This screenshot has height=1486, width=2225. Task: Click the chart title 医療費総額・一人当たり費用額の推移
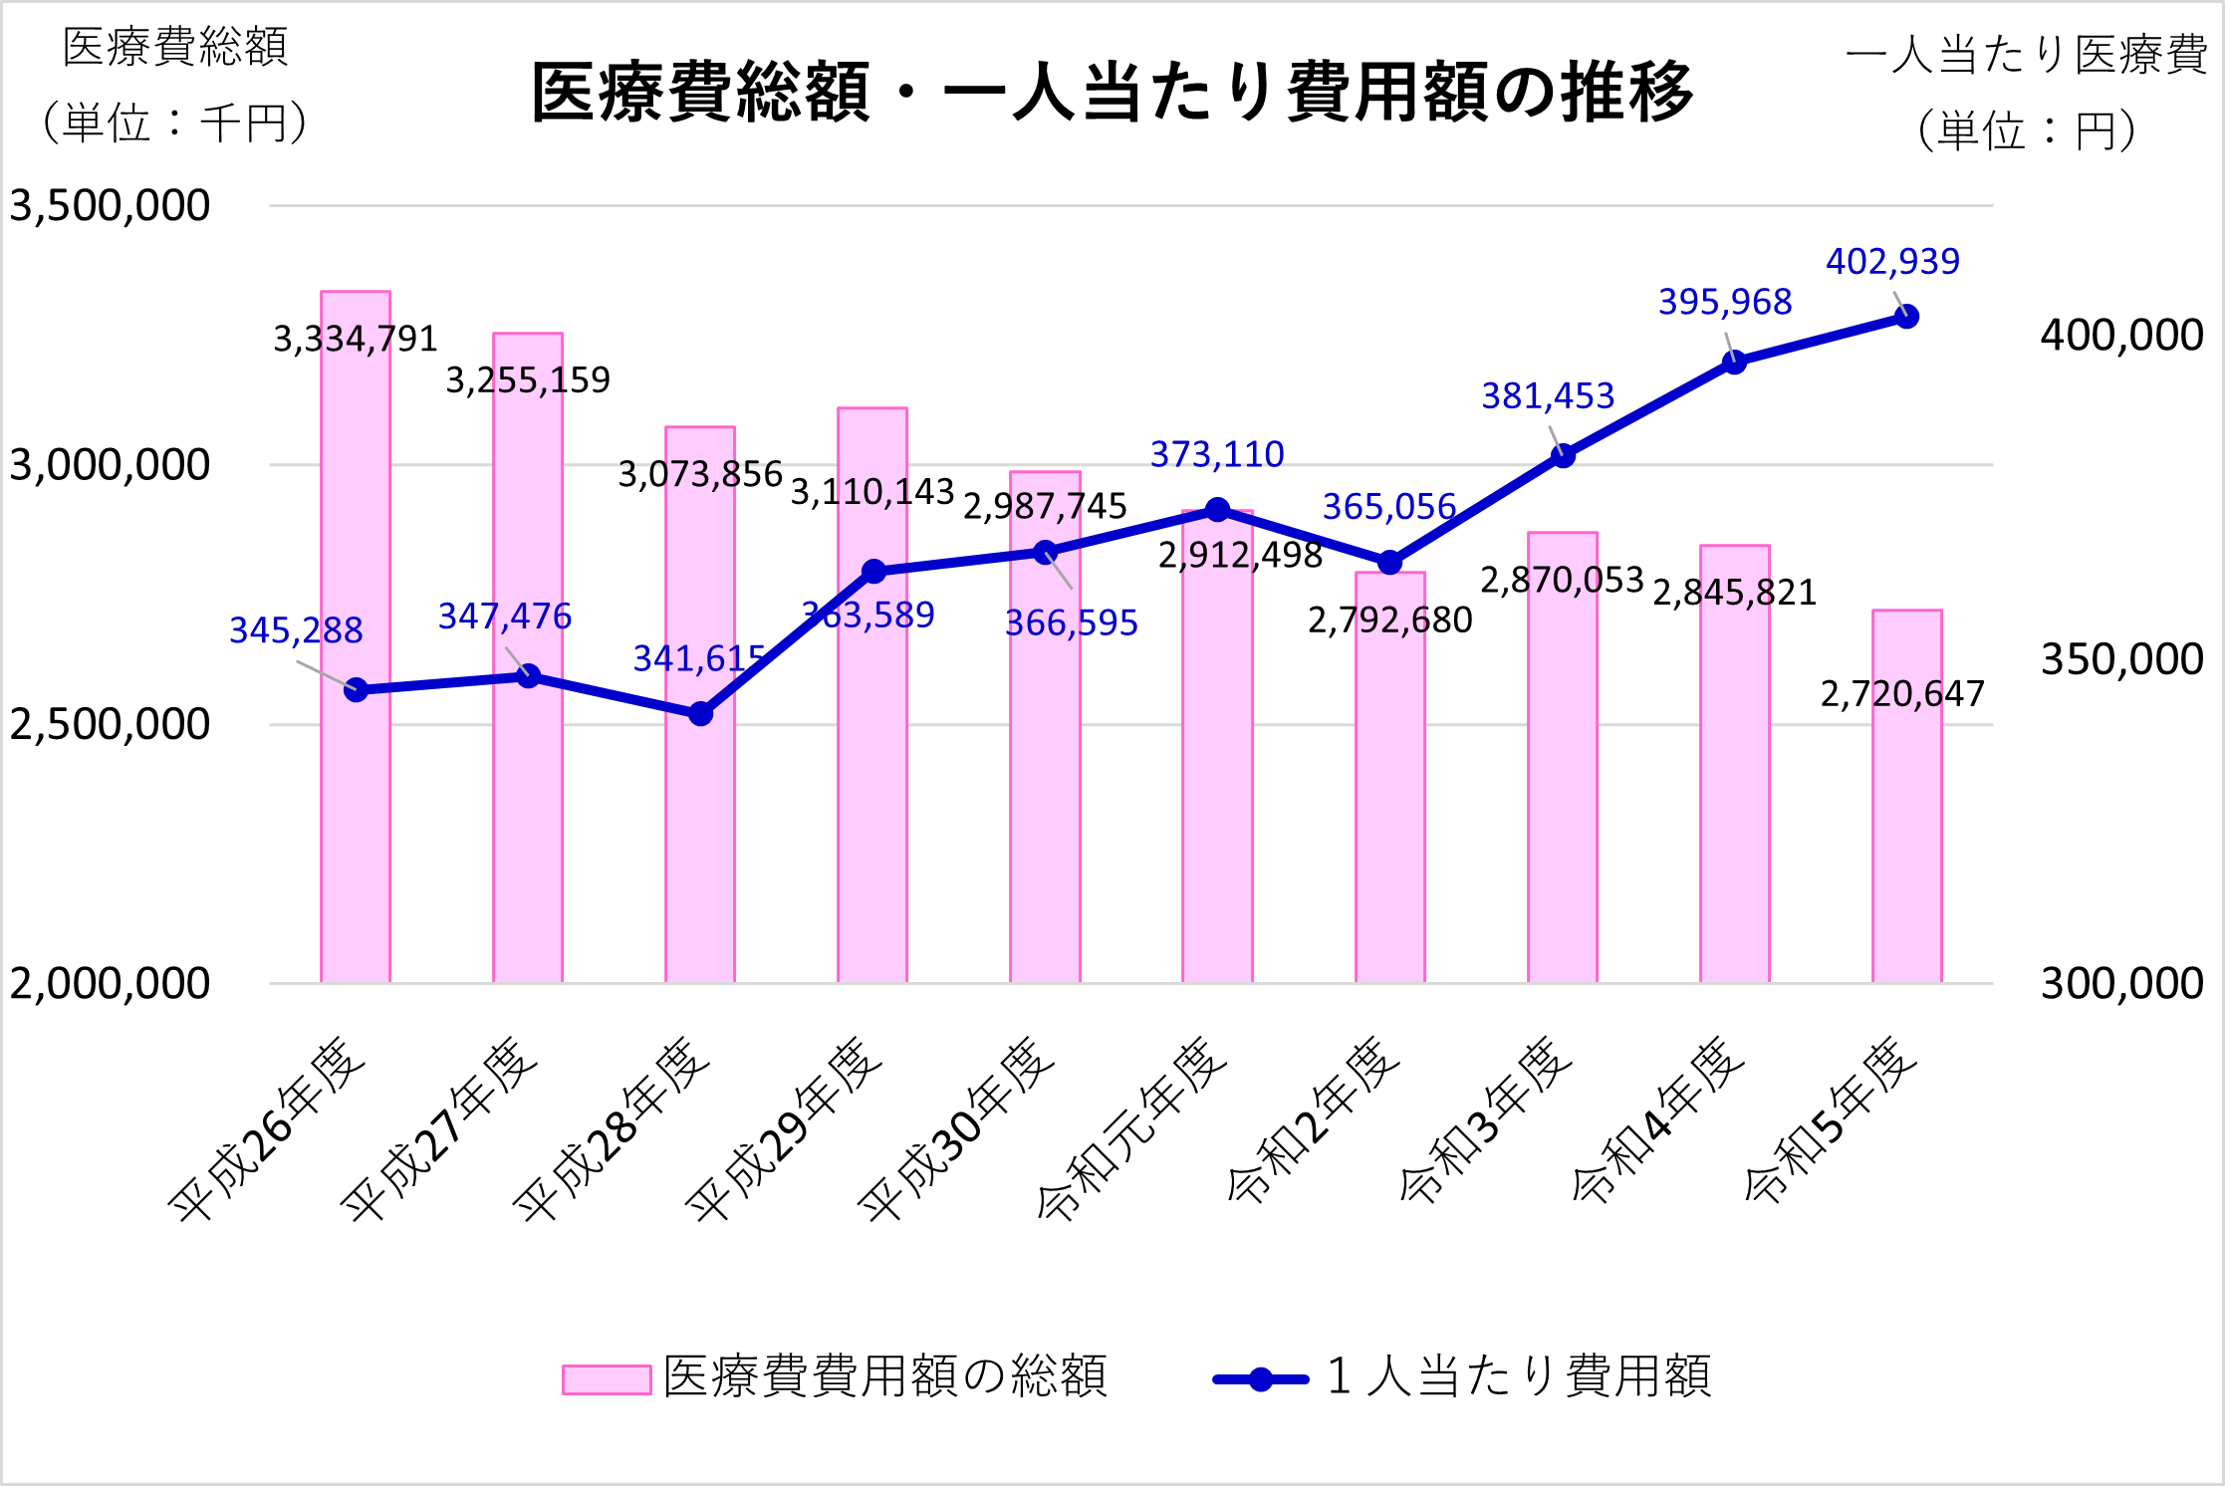1112,92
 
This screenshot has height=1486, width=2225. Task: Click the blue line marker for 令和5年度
1906,317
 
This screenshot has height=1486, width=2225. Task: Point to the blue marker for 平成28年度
700,713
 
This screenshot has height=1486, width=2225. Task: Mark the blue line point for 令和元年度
1217,510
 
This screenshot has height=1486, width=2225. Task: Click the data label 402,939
1892,262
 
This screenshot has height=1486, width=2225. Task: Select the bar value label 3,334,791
356,340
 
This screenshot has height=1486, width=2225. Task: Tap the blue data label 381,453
1548,396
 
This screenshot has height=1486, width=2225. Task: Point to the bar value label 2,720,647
1902,694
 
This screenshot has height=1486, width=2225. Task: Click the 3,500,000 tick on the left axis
110,206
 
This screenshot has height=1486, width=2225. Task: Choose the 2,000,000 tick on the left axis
110,984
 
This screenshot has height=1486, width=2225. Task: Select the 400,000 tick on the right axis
2121,336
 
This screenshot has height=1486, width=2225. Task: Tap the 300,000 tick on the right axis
2121,984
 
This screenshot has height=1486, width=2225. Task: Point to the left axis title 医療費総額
175,48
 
